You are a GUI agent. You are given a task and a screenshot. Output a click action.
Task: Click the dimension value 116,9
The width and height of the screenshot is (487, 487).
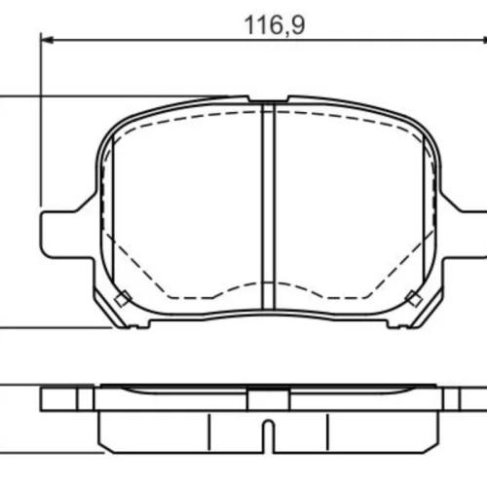coord(275,25)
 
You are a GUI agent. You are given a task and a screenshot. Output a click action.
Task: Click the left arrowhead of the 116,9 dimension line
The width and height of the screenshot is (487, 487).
coord(47,40)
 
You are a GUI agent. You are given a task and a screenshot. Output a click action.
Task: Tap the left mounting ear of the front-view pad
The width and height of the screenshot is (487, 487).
coord(66,235)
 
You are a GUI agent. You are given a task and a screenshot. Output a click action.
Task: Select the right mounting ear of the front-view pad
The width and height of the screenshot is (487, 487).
coord(465,235)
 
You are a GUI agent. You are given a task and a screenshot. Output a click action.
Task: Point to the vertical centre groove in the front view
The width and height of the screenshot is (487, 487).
coord(268,206)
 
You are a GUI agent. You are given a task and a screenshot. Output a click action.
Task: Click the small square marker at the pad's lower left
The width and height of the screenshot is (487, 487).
coord(123,298)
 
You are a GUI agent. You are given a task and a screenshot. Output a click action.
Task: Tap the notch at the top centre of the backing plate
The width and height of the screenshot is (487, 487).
coord(269,98)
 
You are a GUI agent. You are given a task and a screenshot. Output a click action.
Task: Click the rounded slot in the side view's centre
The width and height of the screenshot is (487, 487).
coord(268,435)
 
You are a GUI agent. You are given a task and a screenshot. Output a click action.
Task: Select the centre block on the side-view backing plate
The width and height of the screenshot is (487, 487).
coord(268,399)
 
